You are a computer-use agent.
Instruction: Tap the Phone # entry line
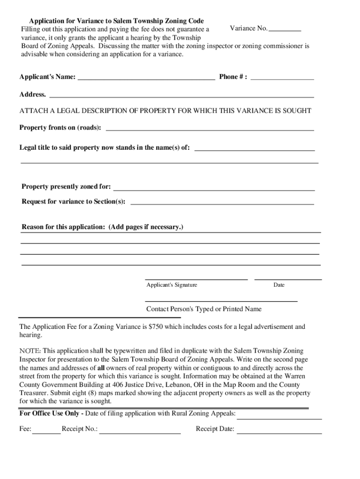pos(282,78)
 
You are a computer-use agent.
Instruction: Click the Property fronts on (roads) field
pos(210,128)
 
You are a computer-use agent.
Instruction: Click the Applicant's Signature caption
pos(172,285)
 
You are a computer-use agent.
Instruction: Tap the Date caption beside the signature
pos(279,285)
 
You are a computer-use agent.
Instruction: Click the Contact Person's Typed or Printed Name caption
pos(204,309)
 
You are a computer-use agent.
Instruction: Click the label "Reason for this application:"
pos(64,227)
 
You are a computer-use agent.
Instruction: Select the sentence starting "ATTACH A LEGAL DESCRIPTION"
pos(165,111)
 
